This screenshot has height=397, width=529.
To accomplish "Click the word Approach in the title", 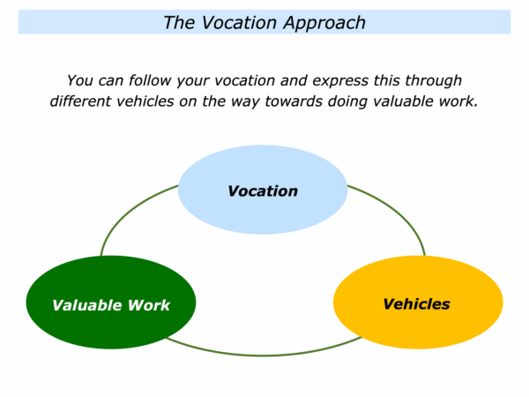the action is point(324,24).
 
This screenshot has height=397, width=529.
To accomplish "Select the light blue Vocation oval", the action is point(263,190).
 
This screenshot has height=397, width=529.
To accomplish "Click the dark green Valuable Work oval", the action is point(111,302).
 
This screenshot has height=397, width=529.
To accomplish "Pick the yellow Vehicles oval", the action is point(418,302).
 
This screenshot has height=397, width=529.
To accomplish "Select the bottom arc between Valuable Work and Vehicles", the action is point(263,356).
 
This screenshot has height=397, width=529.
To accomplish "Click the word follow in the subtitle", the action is point(151,80).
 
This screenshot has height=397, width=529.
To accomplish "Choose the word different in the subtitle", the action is point(79,101).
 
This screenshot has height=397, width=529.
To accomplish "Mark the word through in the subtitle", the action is point(433,81).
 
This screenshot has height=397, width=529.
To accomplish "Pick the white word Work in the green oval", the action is point(149,305).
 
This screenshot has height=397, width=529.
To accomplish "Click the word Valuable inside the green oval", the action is point(87,305).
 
